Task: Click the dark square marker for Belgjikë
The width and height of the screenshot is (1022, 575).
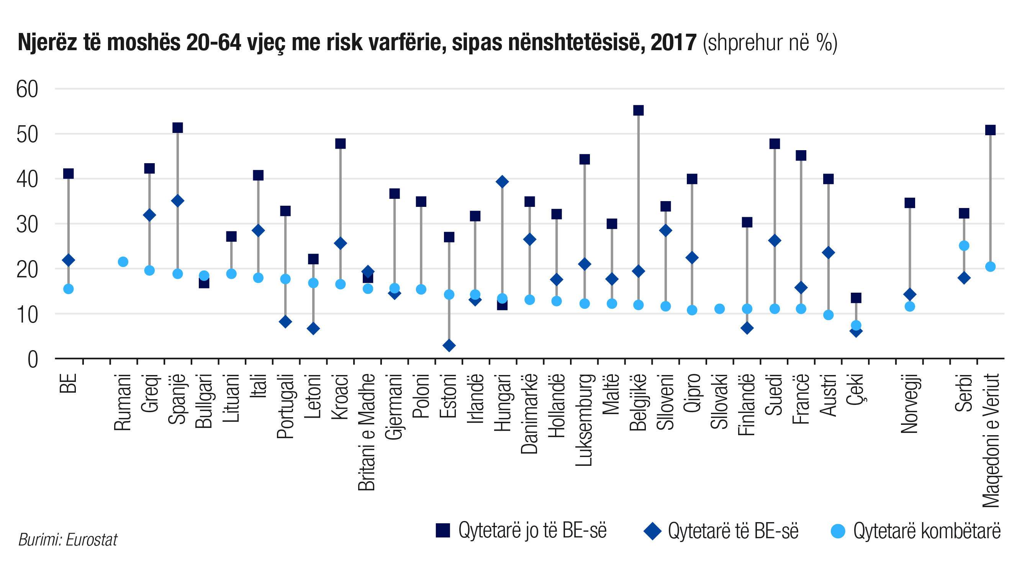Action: coord(638,110)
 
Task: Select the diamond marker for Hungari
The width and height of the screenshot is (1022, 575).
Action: coord(502,182)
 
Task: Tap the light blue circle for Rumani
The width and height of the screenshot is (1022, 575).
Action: coord(123,262)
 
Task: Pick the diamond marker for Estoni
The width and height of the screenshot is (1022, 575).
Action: coord(449,346)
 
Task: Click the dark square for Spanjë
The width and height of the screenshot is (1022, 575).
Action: coord(178,128)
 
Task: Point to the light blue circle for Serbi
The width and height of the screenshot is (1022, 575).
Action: coord(964,246)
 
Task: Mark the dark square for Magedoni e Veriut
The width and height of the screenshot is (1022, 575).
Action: coord(990,130)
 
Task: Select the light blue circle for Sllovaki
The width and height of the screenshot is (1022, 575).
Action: coord(720,309)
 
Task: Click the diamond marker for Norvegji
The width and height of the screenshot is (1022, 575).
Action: coord(910,295)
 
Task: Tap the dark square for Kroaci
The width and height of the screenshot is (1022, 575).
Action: coord(341,144)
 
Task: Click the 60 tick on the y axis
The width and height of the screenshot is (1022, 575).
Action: coord(27,89)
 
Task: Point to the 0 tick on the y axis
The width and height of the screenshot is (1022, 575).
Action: coord(33,360)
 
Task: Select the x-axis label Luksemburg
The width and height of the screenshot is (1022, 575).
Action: coord(584,420)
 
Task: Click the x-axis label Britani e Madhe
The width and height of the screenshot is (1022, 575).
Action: coord(367,432)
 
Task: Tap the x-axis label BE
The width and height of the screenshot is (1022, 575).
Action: coord(68,383)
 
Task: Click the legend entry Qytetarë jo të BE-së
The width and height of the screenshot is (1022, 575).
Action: coord(521,531)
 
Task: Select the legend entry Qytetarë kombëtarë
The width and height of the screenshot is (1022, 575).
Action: coord(916,531)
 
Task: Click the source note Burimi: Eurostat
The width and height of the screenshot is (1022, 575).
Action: coord(68,540)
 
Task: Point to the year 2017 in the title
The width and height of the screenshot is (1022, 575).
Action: coord(674,43)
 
